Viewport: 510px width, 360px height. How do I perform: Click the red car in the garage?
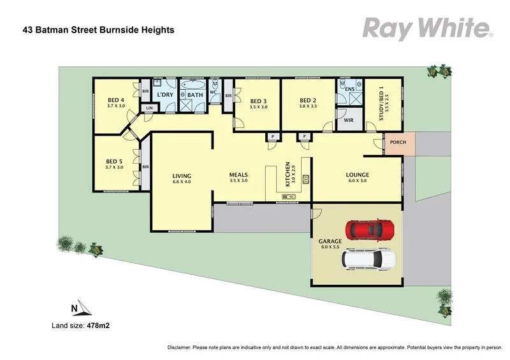pos(370,228)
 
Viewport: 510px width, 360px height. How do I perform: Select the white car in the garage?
pos(369,259)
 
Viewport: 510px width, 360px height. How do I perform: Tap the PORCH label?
pos(398,142)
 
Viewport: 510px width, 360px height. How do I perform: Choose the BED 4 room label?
pos(115,99)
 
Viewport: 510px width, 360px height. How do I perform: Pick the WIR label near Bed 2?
pos(349,119)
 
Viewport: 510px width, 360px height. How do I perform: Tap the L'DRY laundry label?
pos(165,95)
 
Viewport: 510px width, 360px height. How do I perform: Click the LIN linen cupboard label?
pos(150,108)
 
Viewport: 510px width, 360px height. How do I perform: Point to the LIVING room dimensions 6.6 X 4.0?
pos(182,182)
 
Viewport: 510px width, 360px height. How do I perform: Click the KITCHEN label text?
pos(288,173)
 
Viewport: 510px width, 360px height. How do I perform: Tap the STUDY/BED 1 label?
pos(381,104)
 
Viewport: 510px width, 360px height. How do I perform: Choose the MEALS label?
pos(238,175)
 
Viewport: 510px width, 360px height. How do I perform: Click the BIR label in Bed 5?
pos(145,167)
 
